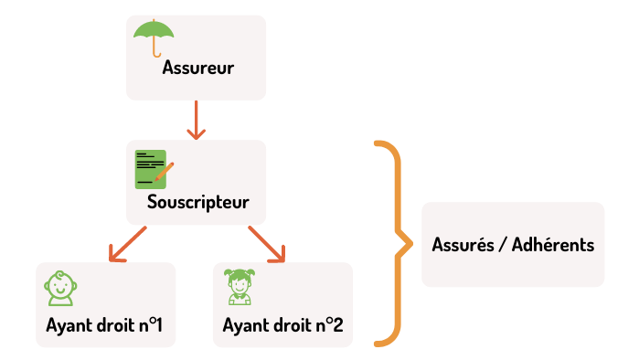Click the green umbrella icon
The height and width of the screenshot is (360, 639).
pyautogui.click(x=154, y=37)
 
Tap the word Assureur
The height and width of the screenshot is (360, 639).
pyautogui.click(x=198, y=68)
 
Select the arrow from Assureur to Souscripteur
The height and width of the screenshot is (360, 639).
pyautogui.click(x=196, y=120)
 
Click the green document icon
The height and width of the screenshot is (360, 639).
pyautogui.click(x=151, y=169)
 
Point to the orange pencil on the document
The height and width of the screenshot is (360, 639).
pyautogui.click(x=165, y=172)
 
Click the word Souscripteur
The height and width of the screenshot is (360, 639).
pyautogui.click(x=198, y=202)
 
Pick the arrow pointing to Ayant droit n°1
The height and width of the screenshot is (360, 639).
pyautogui.click(x=127, y=244)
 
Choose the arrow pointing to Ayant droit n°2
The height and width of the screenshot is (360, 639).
pyautogui.click(x=267, y=244)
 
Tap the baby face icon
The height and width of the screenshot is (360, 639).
pyautogui.click(x=60, y=289)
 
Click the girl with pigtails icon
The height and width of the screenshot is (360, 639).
pyautogui.click(x=240, y=287)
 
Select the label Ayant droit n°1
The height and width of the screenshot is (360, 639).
pyautogui.click(x=104, y=325)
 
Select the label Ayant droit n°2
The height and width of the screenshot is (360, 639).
pyautogui.click(x=282, y=325)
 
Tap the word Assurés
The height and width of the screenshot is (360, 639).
pyautogui.click(x=463, y=245)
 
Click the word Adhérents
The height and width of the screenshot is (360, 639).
pyautogui.click(x=553, y=245)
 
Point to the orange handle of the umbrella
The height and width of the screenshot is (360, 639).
pyautogui.click(x=154, y=47)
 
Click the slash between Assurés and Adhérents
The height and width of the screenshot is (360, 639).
pyautogui.click(x=503, y=245)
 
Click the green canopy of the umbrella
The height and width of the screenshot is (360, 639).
pyautogui.click(x=154, y=29)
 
